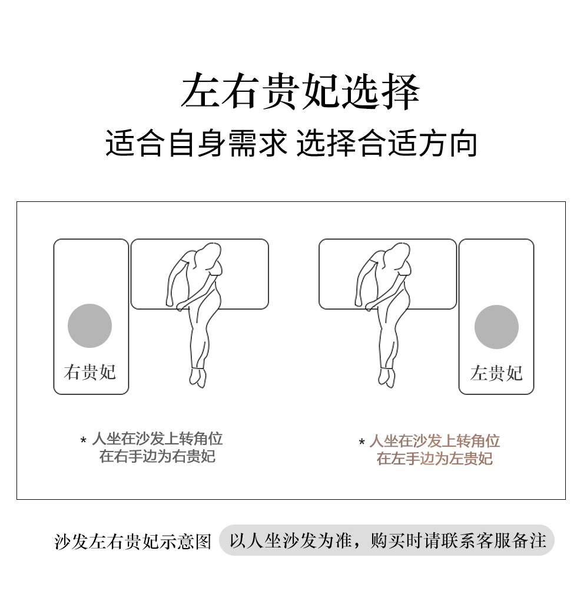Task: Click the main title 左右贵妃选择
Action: pyautogui.click(x=300, y=91)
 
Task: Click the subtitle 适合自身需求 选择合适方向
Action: pyautogui.click(x=291, y=143)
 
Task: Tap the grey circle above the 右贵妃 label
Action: pyautogui.click(x=89, y=326)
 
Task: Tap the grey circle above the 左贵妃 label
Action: pyautogui.click(x=496, y=327)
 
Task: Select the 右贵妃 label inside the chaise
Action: pyautogui.click(x=89, y=372)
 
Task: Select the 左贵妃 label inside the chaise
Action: pyautogui.click(x=496, y=373)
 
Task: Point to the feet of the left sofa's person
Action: pyautogui.click(x=198, y=377)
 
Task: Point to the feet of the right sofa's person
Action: pyautogui.click(x=387, y=377)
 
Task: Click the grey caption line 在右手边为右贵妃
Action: pyautogui.click(x=157, y=456)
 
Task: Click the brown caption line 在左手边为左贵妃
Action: pyautogui.click(x=435, y=459)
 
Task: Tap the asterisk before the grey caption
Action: pyautogui.click(x=83, y=440)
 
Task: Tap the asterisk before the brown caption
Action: pyautogui.click(x=362, y=442)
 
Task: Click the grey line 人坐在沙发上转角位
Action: pyautogui.click(x=157, y=439)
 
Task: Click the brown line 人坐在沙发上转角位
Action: pyautogui.click(x=435, y=441)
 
